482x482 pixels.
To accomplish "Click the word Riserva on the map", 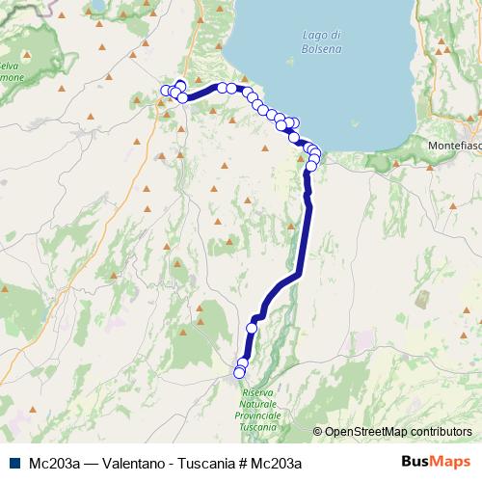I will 258,393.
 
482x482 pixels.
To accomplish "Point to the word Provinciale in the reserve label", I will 258,415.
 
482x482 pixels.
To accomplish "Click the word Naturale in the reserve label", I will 258,404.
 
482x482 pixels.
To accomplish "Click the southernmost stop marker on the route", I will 240,372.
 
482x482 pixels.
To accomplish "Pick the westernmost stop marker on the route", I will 165,92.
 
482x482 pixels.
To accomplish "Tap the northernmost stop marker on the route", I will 180,85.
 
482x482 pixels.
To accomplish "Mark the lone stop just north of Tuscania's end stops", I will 252,328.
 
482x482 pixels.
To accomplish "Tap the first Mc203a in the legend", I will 49,463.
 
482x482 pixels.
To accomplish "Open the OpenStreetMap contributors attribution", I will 398,432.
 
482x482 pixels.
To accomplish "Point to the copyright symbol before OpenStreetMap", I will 318,432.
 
